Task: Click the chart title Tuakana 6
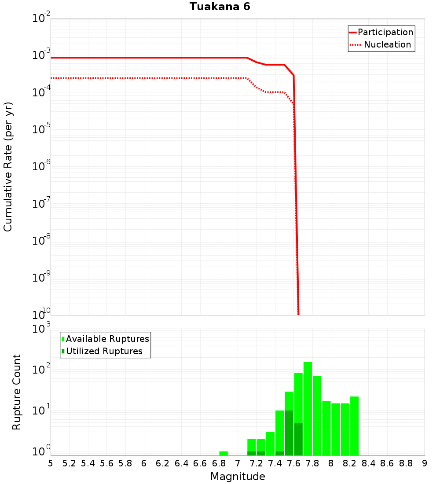(x=220, y=7)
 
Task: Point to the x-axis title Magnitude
(x=238, y=477)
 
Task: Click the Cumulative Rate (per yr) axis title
(x=8, y=166)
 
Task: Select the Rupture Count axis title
(x=17, y=392)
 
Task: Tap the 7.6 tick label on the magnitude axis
(x=294, y=463)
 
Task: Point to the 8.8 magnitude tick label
(x=406, y=463)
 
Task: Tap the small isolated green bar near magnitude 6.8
(x=224, y=453)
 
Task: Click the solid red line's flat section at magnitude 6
(x=144, y=58)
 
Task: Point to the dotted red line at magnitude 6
(x=144, y=78)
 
